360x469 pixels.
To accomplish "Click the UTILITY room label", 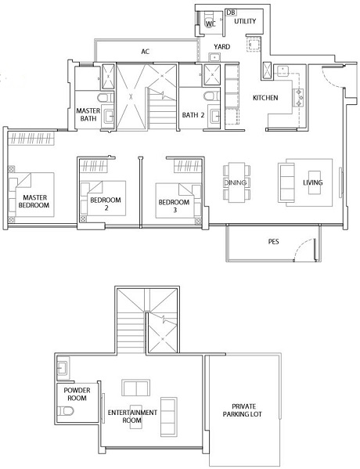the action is (x=245, y=21).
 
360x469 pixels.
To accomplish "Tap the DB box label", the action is (x=231, y=13).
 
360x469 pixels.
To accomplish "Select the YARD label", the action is (x=221, y=47).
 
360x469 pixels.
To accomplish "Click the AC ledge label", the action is (x=146, y=52).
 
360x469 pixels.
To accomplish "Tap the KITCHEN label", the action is (x=265, y=98).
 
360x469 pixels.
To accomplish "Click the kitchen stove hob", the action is (x=299, y=98).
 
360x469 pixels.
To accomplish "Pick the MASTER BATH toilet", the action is (x=106, y=98).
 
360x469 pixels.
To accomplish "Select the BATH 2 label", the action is (x=193, y=115).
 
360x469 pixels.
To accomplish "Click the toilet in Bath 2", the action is (x=211, y=96).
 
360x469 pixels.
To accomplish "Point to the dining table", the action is (x=236, y=182).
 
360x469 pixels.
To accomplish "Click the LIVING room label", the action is (x=313, y=182).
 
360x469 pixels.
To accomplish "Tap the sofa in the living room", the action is (x=286, y=182).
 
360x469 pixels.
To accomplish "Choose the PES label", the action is (x=273, y=241).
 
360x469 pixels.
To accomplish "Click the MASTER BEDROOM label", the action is (x=34, y=201).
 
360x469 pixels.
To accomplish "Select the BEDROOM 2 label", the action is (x=106, y=204).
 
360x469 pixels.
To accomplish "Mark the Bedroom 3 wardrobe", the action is (x=188, y=166).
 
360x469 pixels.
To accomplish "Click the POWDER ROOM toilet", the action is (x=65, y=411).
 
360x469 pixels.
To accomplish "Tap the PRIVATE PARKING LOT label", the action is (x=242, y=410).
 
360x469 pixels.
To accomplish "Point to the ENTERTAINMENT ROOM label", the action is (x=132, y=417).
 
